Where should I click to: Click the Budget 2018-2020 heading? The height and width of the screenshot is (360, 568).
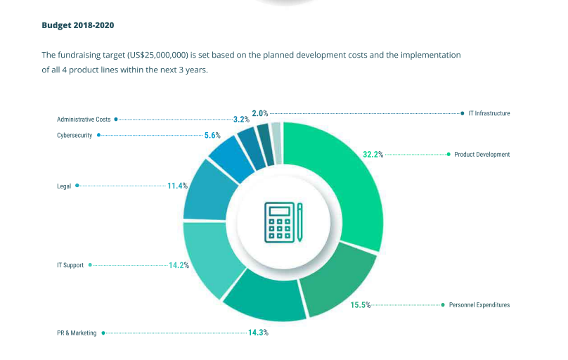click(x=78, y=25)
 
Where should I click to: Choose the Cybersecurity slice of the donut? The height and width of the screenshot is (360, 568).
click(x=232, y=161)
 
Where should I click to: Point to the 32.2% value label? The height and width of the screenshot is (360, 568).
click(x=373, y=155)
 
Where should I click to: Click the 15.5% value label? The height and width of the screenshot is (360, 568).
click(x=361, y=305)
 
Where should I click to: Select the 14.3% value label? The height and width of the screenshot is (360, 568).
click(x=258, y=333)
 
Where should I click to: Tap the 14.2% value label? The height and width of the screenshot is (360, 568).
click(x=179, y=265)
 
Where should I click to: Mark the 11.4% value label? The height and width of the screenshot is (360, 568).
click(x=177, y=186)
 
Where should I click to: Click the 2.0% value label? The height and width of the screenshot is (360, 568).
click(x=260, y=113)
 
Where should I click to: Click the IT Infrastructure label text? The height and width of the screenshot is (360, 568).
click(x=489, y=113)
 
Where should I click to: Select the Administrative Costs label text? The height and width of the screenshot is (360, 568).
click(x=84, y=120)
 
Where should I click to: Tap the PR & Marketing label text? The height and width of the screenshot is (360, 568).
click(x=77, y=333)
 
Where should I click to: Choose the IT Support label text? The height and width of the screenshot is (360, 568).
click(x=70, y=265)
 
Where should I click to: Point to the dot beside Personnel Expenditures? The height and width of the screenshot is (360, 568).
click(x=443, y=305)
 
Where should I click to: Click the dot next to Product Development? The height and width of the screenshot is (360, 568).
click(x=448, y=154)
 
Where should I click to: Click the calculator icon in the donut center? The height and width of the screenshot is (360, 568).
click(x=279, y=222)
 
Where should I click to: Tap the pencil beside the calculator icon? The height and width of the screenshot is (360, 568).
click(x=299, y=222)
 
